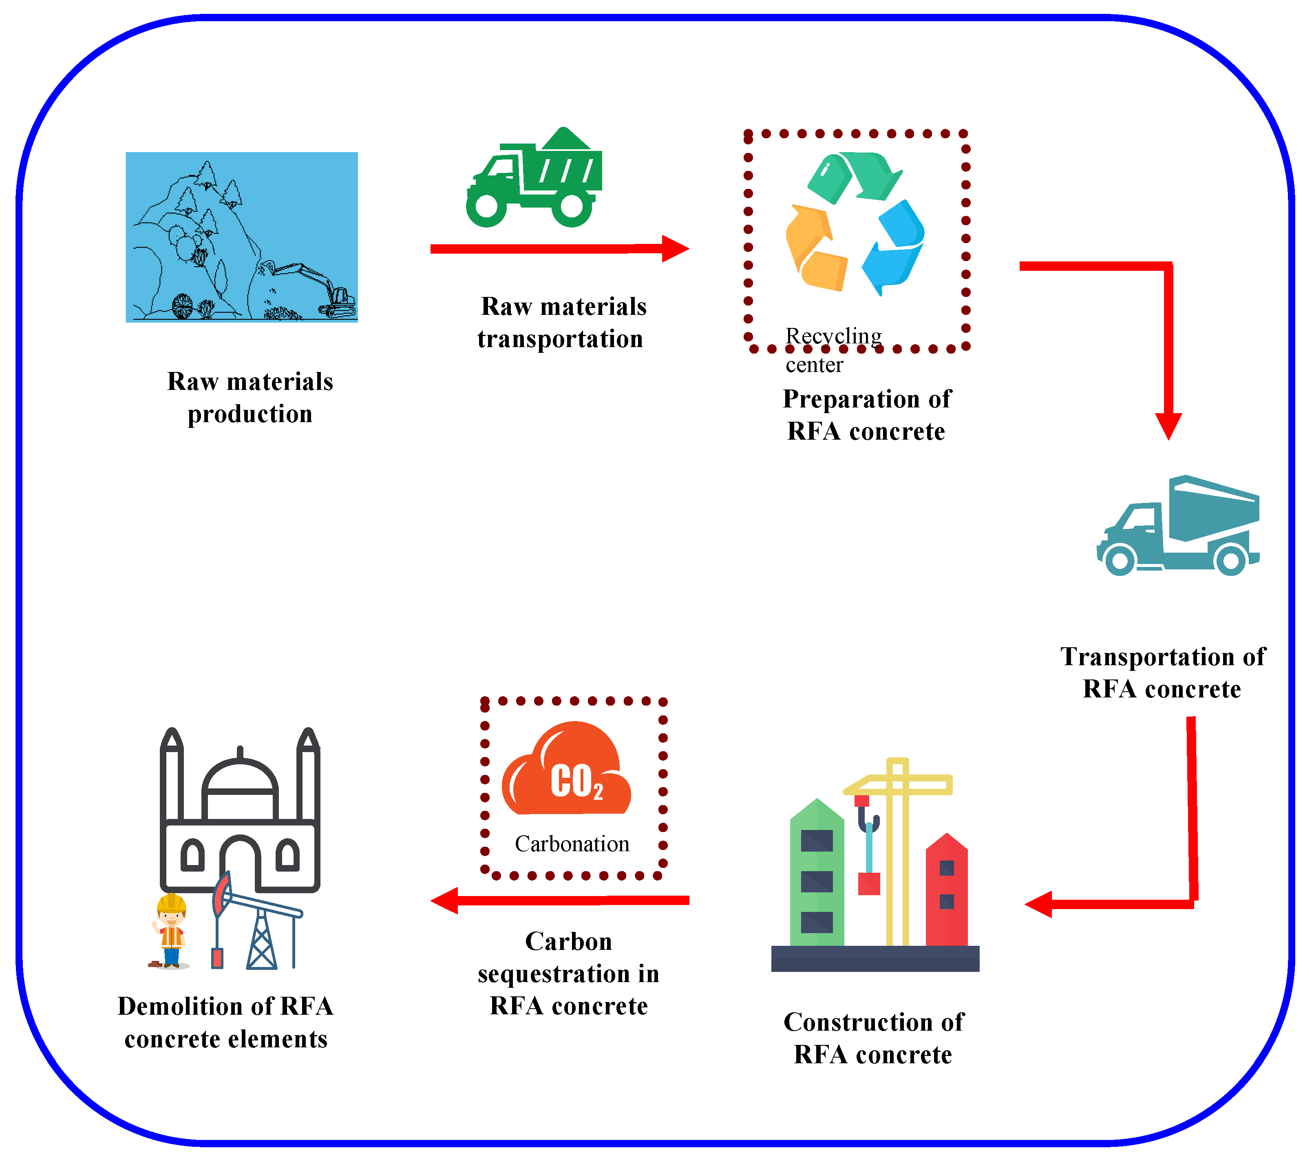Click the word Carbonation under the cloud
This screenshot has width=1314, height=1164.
coord(572,844)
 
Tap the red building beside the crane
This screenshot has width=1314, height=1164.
coord(946,894)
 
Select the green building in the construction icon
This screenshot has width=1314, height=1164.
coord(817,874)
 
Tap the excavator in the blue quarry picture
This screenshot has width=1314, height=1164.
coord(321,290)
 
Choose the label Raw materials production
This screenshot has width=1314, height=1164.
coord(250,397)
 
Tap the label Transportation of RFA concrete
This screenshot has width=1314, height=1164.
coord(1162,673)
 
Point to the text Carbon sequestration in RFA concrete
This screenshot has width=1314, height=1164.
coord(568,974)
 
